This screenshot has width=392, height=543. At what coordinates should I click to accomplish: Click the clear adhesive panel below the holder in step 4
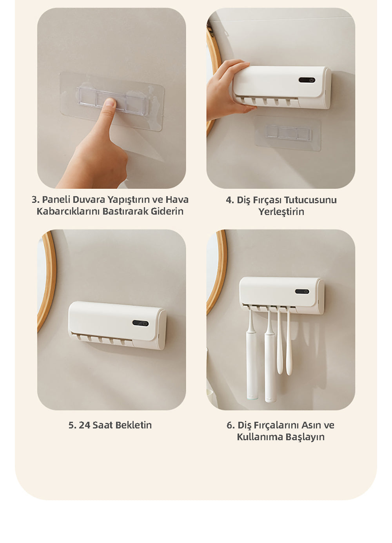pyautogui.click(x=288, y=133)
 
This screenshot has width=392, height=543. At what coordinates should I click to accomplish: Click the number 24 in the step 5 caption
pyautogui.click(x=84, y=425)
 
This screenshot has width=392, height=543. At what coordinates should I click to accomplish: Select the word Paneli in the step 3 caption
pyautogui.click(x=56, y=199)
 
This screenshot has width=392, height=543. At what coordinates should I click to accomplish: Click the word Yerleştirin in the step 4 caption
pyautogui.click(x=281, y=211)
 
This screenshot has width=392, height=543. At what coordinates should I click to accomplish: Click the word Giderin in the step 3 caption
pyautogui.click(x=167, y=211)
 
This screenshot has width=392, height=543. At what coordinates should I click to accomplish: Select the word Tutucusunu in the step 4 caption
pyautogui.click(x=310, y=200)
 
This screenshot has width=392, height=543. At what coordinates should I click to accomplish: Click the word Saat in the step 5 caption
pyautogui.click(x=102, y=425)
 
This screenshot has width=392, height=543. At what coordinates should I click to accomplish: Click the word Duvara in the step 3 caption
pyautogui.click(x=89, y=199)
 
